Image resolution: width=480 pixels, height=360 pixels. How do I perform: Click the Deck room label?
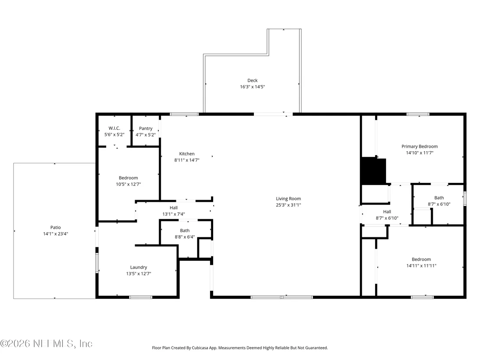(x=252, y=81)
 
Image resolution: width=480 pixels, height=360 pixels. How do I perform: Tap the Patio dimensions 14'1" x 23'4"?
(x=55, y=234)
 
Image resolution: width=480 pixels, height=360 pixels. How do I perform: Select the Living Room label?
(x=289, y=199)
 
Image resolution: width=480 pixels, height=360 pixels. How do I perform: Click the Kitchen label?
(x=187, y=154)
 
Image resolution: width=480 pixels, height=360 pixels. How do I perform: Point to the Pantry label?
(x=146, y=129)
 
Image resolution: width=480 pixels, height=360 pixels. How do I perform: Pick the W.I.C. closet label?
(x=114, y=128)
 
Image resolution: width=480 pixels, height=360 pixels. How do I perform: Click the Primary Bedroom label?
(x=419, y=146)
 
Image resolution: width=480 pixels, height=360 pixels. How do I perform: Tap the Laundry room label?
(x=138, y=268)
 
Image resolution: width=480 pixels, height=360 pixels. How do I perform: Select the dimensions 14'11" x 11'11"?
(x=421, y=266)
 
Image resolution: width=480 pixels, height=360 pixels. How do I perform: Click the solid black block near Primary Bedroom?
(x=373, y=171)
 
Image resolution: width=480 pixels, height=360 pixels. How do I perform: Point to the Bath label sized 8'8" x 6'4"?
(x=185, y=230)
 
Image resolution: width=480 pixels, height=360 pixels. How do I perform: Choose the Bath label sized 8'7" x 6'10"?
(x=439, y=198)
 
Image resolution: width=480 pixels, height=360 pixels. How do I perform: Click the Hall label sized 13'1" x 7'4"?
(x=174, y=208)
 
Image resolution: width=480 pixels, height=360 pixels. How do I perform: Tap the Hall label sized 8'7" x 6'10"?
(x=387, y=211)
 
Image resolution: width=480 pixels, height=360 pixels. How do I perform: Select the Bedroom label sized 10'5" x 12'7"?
(x=128, y=178)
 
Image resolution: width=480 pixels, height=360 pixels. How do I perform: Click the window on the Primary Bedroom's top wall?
(x=418, y=114)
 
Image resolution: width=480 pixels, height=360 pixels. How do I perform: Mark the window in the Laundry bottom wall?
(x=140, y=297)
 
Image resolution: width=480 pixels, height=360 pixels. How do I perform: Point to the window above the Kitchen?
(x=184, y=114)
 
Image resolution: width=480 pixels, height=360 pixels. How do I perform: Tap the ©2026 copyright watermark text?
(x=46, y=344)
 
